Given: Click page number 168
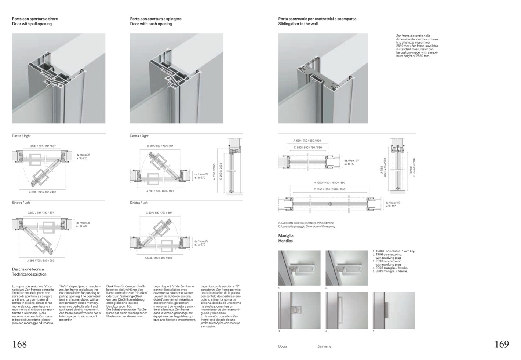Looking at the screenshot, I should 20,344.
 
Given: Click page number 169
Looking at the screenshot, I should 502,344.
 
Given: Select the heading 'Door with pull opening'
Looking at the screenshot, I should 32,24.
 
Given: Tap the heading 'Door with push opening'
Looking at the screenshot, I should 151,24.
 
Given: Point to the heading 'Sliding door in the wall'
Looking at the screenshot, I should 298,24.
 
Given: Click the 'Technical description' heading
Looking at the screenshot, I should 29,274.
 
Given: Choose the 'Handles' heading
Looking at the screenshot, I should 285,241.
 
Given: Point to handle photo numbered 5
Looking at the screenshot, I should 394,310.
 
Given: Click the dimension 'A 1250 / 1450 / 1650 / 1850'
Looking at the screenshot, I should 329,183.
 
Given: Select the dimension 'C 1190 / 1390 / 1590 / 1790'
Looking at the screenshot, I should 329,189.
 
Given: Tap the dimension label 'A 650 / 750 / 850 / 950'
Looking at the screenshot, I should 307,141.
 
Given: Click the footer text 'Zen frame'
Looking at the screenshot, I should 324,346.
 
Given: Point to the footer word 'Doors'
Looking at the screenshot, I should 283,346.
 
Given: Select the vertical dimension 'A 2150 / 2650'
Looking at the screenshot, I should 214,172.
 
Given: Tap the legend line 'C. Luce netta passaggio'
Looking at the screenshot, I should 306,226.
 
